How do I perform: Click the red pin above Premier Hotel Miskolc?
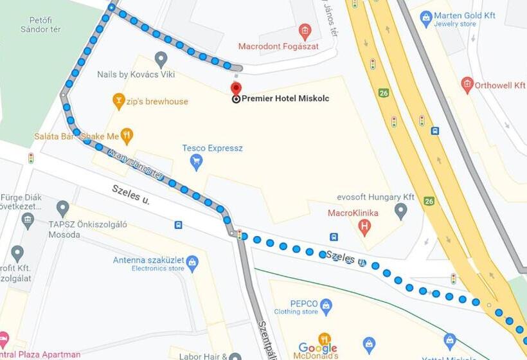[236, 88]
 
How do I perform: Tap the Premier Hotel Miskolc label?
[285, 98]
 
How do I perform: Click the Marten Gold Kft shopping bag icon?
[425, 19]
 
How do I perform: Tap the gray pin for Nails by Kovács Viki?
[161, 59]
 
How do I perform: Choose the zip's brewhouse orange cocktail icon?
[118, 100]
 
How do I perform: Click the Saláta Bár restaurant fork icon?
[127, 136]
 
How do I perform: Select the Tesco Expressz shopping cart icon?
[197, 162]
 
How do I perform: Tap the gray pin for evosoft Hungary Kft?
[400, 210]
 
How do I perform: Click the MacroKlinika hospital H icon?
[364, 226]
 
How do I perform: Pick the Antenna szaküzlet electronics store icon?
[192, 262]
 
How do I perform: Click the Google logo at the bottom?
[317, 348]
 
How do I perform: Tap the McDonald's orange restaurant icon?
[325, 339]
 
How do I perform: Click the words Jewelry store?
[454, 24]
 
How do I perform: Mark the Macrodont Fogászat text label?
[269, 46]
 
